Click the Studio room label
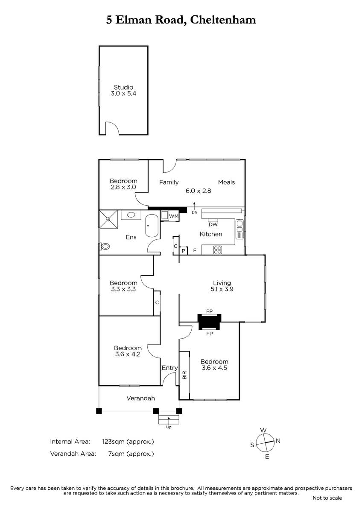coord(123,87)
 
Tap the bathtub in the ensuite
coord(152,226)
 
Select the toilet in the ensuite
coord(105,247)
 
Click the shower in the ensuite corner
coord(108,219)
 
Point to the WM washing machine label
coord(174,216)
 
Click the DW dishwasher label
coord(213,224)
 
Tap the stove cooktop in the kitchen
coord(217,250)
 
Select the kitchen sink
coord(239,229)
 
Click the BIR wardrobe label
coord(184,375)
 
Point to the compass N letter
coord(278,441)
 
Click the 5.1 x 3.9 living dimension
coord(222,289)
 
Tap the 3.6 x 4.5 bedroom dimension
coord(214,367)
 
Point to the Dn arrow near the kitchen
coord(194,206)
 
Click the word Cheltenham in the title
coord(223,20)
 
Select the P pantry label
coord(184,251)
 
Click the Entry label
coord(169,368)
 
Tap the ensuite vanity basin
coord(131,215)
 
